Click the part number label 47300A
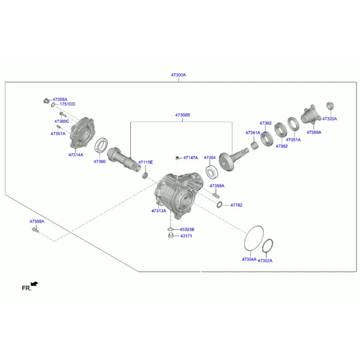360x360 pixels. click(178, 75)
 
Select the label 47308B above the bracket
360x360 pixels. click(182, 115)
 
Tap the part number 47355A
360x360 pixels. click(60, 100)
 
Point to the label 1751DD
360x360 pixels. click(67, 104)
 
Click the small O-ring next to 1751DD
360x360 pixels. click(53, 105)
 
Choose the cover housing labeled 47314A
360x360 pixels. click(82, 133)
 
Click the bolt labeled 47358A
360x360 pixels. click(35, 229)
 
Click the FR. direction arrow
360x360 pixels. click(34, 284)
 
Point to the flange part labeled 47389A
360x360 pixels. click(311, 115)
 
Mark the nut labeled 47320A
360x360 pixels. click(330, 106)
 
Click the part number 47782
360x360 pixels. click(236, 205)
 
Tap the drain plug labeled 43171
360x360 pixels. click(171, 235)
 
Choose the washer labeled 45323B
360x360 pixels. click(170, 229)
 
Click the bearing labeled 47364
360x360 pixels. click(212, 172)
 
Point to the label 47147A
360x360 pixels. click(191, 158)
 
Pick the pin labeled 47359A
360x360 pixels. click(216, 196)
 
